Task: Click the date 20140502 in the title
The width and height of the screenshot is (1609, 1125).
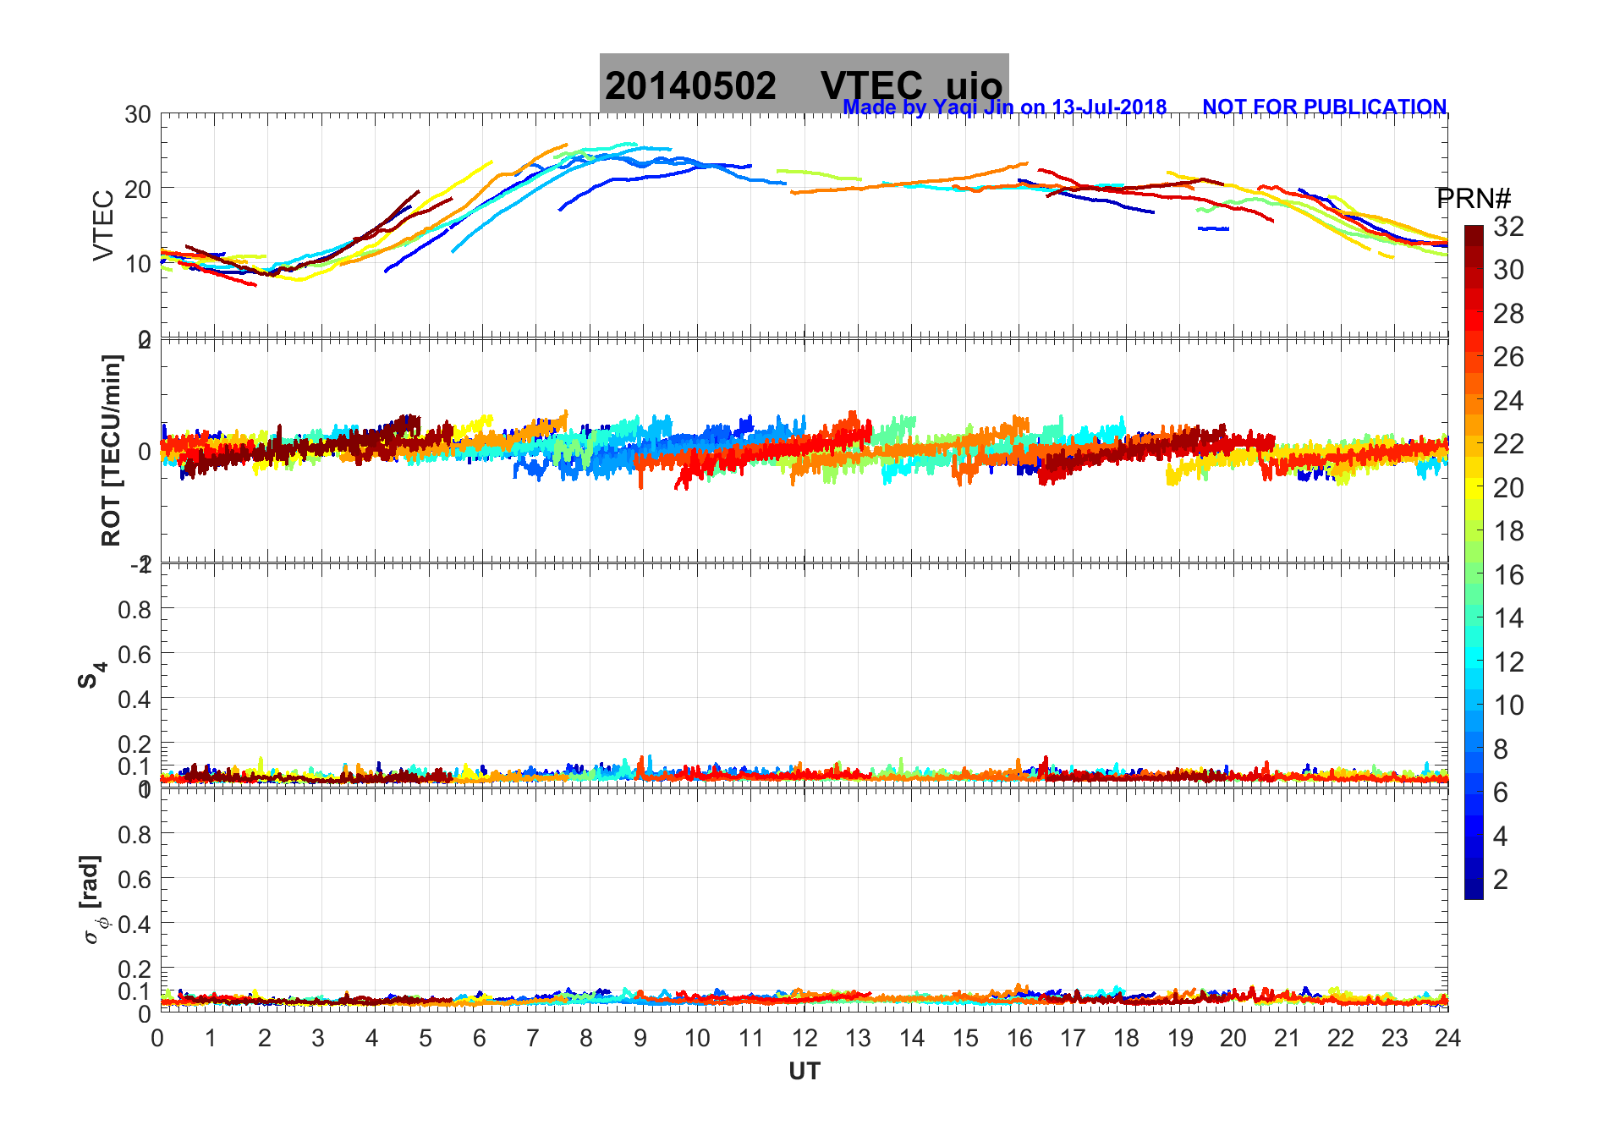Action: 690,86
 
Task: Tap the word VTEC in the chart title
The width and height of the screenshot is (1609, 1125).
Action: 871,86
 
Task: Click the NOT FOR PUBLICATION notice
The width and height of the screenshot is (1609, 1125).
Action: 1324,107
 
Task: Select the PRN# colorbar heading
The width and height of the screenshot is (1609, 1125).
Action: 1474,199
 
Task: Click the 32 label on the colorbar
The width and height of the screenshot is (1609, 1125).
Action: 1508,226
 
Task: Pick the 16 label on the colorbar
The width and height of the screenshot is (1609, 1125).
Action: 1508,575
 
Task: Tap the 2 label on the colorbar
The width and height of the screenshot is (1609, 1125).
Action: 1501,880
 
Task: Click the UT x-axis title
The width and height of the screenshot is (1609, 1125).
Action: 804,1072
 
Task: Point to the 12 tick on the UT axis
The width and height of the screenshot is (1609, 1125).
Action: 804,1038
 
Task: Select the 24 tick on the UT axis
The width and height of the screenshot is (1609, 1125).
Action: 1447,1038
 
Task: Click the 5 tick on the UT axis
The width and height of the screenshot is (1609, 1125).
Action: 426,1038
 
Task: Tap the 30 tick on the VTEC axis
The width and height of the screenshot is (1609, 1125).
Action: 138,115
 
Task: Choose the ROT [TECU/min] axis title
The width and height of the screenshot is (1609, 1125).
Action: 111,450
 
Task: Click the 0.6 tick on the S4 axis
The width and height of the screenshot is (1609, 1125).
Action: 135,654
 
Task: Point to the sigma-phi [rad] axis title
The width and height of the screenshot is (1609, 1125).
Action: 93,900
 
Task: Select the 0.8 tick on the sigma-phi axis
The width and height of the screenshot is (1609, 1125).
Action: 135,834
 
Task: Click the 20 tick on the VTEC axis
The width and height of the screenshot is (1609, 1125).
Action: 138,189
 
